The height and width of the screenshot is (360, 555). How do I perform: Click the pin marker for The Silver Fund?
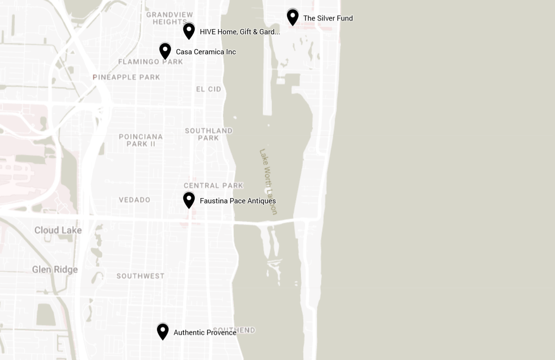click(x=293, y=17)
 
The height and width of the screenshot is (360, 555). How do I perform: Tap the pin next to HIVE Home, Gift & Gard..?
click(x=189, y=31)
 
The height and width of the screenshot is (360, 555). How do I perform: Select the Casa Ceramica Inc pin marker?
click(x=165, y=51)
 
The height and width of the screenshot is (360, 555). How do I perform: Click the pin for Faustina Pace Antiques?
click(x=189, y=200)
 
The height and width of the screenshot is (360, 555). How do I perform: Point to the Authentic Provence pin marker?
click(x=163, y=331)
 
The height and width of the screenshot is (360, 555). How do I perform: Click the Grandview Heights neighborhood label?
click(x=169, y=18)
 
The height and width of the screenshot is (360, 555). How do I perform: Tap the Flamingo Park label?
click(x=150, y=62)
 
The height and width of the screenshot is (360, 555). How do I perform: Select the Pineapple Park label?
click(x=127, y=77)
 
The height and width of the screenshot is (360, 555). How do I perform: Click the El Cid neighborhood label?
click(x=208, y=89)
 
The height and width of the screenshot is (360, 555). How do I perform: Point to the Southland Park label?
click(x=208, y=134)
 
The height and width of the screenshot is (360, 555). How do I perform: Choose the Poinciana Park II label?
click(x=141, y=140)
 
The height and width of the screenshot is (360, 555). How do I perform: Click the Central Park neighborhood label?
click(x=213, y=186)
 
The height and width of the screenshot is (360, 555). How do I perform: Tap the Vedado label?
click(x=135, y=200)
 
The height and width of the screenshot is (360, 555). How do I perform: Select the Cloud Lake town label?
click(x=58, y=230)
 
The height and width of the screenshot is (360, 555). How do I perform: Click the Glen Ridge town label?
click(x=55, y=270)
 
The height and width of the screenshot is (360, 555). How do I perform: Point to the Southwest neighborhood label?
click(x=140, y=276)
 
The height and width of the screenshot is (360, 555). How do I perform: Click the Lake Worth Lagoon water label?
click(x=268, y=181)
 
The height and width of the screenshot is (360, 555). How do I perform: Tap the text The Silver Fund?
click(x=328, y=18)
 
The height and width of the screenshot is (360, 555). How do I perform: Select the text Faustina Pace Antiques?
click(x=238, y=201)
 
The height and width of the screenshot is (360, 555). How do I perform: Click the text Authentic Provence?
click(x=205, y=332)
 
